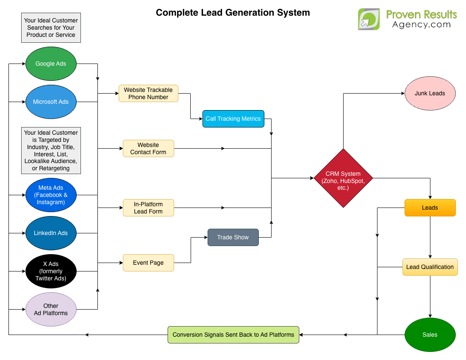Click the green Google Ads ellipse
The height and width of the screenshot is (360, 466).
[51, 64]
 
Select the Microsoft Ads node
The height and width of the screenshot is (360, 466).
[51, 102]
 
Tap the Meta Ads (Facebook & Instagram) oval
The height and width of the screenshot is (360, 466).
[51, 195]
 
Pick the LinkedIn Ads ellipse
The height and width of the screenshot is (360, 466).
[51, 233]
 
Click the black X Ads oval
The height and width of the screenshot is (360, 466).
[51, 271]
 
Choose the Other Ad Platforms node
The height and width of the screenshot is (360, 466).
[51, 309]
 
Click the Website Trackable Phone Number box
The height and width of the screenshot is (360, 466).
[148, 93]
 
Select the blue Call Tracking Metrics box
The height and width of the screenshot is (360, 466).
[233, 119]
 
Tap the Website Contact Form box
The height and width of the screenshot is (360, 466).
[148, 148]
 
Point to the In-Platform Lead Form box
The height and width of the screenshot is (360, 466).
[148, 208]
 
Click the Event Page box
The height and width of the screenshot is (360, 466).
[148, 263]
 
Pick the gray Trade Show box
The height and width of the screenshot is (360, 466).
[233, 237]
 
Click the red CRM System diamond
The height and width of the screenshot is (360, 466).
[343, 178]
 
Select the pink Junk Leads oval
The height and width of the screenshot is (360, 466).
[430, 93]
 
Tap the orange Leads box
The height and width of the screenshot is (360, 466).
[430, 208]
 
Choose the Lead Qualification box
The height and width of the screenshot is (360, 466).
[430, 267]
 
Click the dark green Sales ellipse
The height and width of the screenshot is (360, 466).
[430, 335]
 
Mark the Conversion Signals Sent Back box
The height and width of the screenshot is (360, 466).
[233, 335]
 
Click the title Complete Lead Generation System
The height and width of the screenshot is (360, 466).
[233, 13]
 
